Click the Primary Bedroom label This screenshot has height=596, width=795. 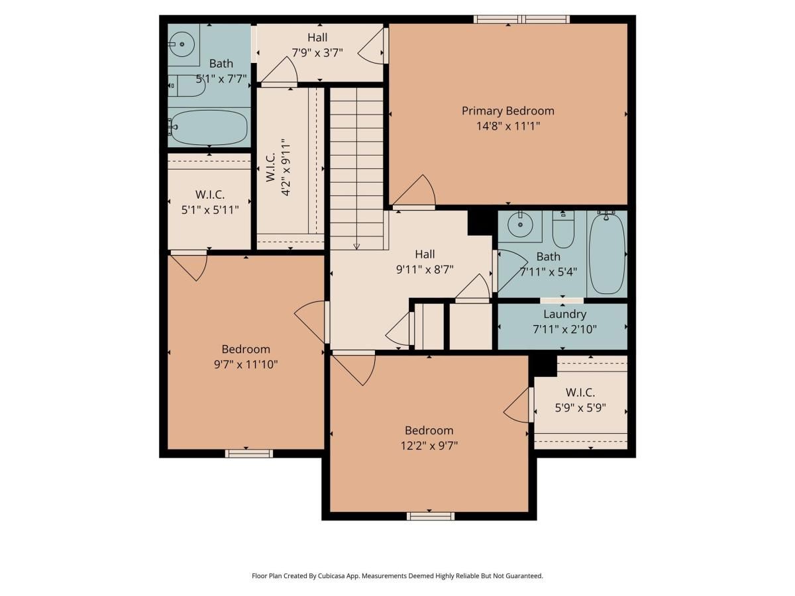(507, 111)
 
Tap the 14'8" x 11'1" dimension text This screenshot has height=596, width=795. (507, 126)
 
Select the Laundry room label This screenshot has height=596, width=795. (564, 314)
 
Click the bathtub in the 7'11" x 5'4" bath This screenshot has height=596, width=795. (606, 254)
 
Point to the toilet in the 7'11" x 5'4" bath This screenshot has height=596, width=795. (563, 229)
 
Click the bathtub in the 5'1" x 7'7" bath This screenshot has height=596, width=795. (208, 127)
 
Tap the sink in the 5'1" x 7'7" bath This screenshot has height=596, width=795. (181, 44)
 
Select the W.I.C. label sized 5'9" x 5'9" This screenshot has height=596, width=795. (580, 393)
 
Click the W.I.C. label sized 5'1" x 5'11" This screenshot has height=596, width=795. (209, 195)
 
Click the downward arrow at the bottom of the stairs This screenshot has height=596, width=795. (356, 246)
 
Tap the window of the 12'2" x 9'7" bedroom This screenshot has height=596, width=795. (430, 516)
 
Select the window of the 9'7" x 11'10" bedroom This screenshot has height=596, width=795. (248, 454)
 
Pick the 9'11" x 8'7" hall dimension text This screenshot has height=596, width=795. (424, 269)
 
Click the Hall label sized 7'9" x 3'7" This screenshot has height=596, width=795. (317, 38)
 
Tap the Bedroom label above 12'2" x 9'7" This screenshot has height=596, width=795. (429, 430)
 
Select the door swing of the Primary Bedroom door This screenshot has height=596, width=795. (417, 192)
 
